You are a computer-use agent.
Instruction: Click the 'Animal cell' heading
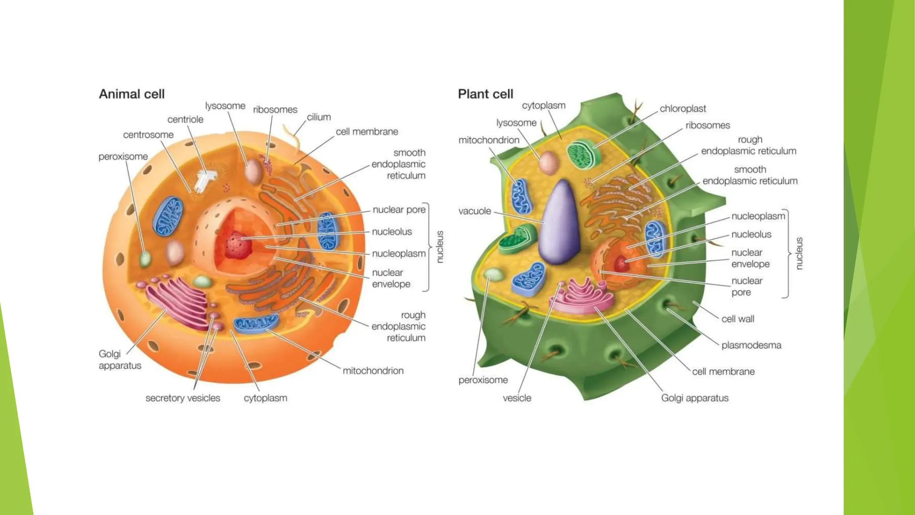(x=132, y=94)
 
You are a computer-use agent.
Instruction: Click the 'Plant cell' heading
(x=485, y=94)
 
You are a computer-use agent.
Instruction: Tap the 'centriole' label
(x=185, y=119)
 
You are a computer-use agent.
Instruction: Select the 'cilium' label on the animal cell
(x=319, y=117)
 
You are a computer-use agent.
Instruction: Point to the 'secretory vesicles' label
(x=183, y=398)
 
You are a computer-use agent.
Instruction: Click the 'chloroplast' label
(x=683, y=109)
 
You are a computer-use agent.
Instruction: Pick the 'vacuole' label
(x=474, y=211)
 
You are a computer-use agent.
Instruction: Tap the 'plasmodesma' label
(x=751, y=345)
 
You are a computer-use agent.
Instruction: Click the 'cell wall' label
(x=738, y=319)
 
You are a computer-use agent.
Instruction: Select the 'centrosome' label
(x=148, y=135)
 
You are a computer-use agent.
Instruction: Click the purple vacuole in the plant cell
(x=559, y=224)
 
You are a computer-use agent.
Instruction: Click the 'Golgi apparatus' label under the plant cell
(x=695, y=398)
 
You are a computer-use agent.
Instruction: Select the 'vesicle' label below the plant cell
(x=517, y=398)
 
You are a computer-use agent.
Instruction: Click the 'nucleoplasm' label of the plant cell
(x=758, y=216)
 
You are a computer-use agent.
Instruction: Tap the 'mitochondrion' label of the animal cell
(x=373, y=371)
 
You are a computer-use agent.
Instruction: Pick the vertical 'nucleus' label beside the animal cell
(x=440, y=247)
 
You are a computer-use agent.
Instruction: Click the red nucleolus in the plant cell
(x=621, y=264)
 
